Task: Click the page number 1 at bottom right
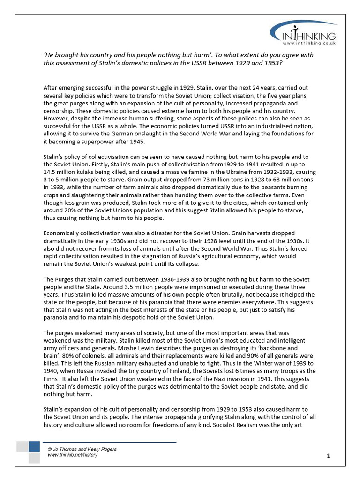329,456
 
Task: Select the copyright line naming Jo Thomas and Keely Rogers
82,449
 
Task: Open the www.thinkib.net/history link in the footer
73,455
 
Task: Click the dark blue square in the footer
34,446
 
